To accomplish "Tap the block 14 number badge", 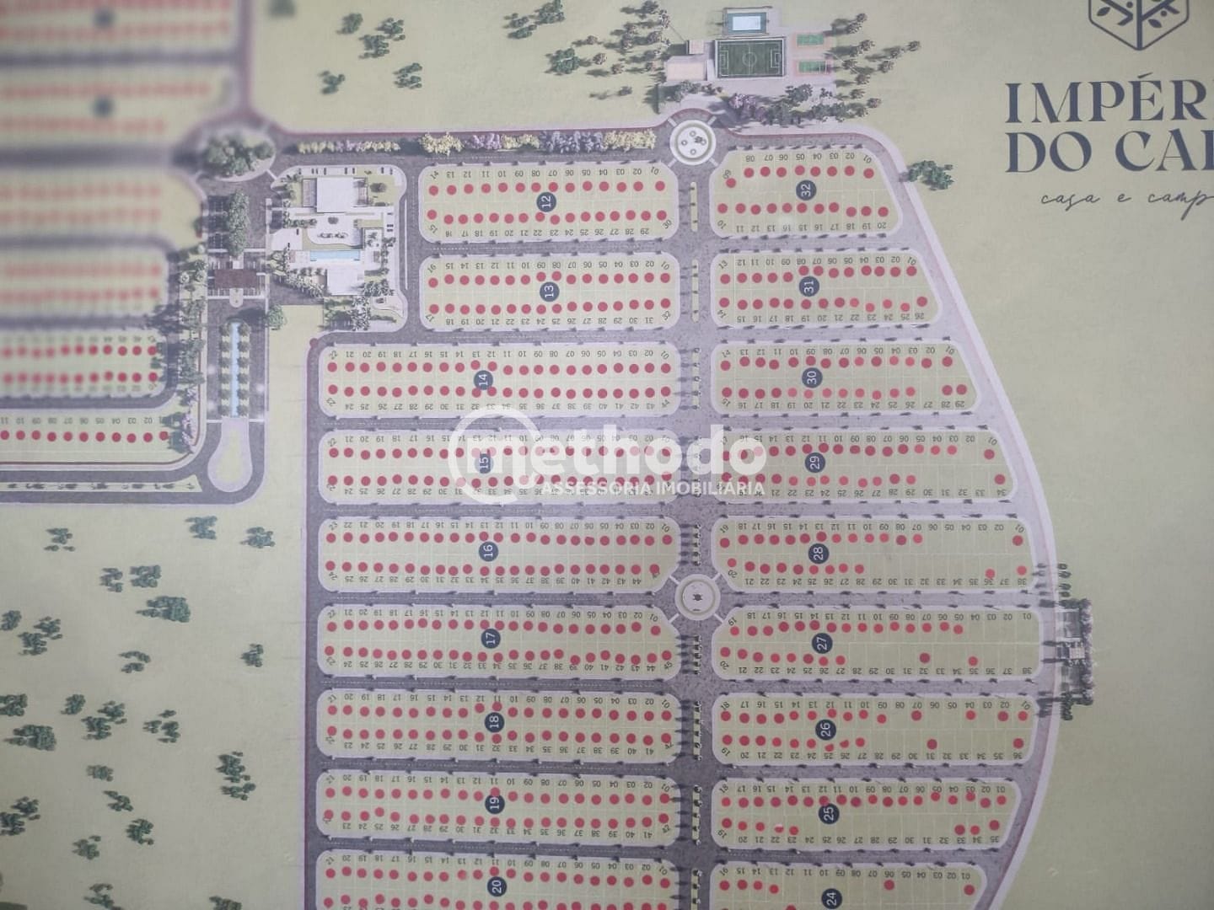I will (x=484, y=380).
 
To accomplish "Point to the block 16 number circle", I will (x=486, y=552).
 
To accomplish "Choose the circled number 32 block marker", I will (x=805, y=190).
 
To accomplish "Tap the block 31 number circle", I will (x=809, y=286).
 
